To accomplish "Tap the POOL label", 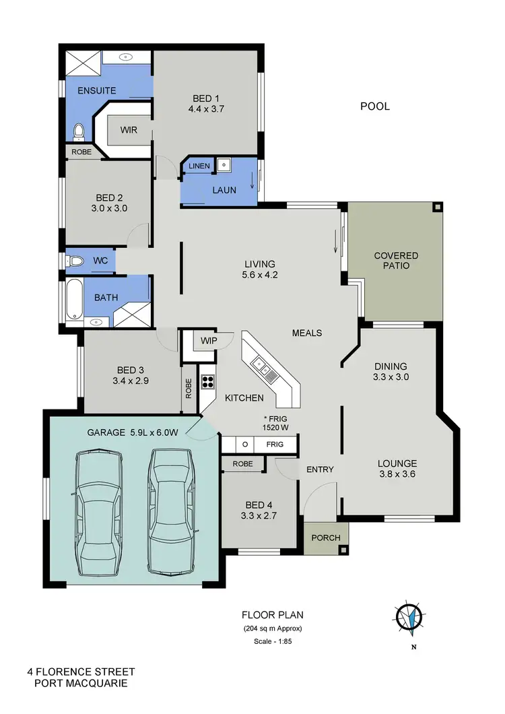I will pos(375,106).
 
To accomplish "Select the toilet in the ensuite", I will pos(78,130).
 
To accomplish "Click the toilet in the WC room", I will pos(76,261).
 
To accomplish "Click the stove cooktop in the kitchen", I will pos(207,382).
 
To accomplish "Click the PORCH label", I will pos(327,538).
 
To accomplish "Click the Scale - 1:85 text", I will pos(273,641).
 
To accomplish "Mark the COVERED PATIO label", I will pos(396,261).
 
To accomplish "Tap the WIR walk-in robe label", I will pos(129,130).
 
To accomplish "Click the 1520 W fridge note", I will pos(276,426).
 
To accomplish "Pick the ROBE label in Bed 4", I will pos(243,464).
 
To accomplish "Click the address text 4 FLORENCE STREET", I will pos(81,672).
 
